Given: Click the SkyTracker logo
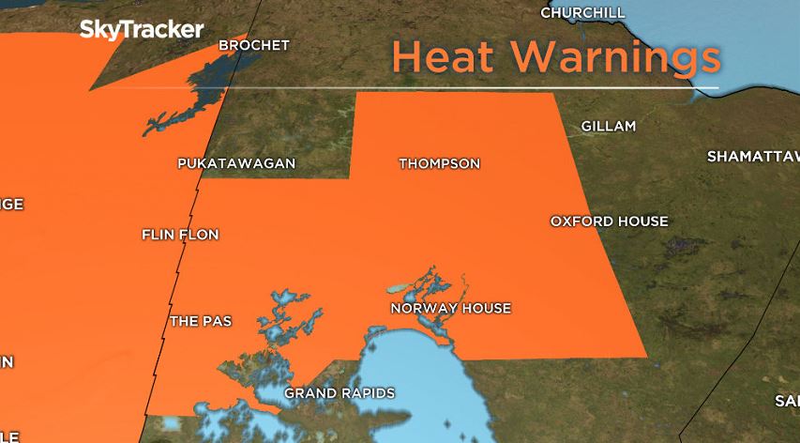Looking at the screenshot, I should pos(141,29).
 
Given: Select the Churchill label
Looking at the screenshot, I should pos(582,13).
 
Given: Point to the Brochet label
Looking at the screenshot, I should pos(253,45).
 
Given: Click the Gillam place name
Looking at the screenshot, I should pos(608,126).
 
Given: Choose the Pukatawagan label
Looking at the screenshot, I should pos(236,163).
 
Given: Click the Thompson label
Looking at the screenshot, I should pos(439,163).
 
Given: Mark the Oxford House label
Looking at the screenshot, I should pos(609,221).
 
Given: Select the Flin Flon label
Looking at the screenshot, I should pos(179,234).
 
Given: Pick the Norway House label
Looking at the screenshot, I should pos(450,308).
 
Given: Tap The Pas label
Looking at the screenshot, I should pos(200,321).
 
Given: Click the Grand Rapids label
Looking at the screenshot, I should pos(340,392).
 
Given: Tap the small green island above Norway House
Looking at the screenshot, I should pos(398,284).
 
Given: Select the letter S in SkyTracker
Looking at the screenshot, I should pos(86,29).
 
